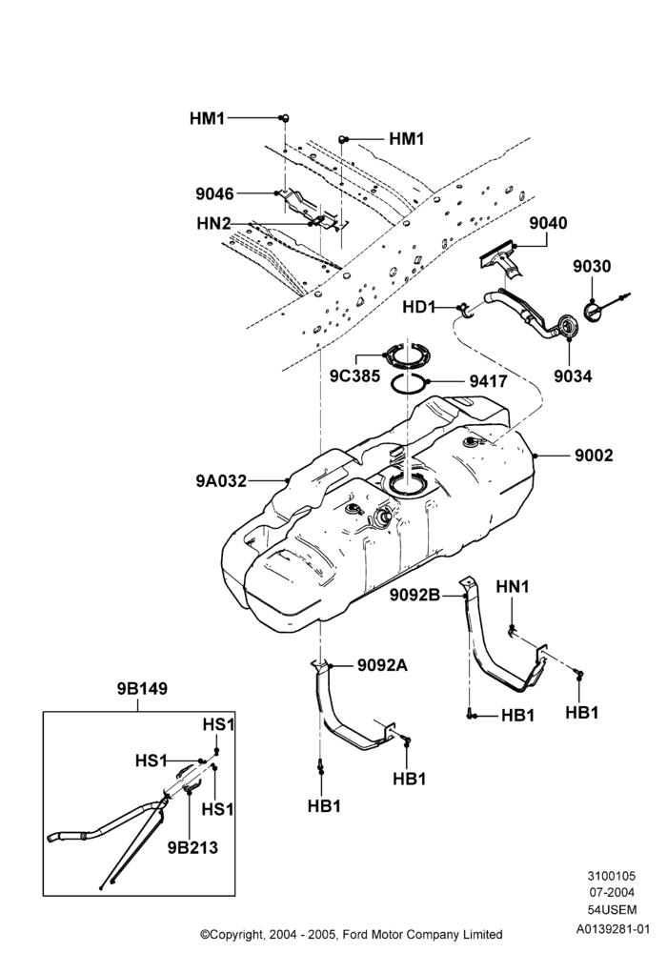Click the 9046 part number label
tap(214, 193)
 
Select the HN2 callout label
tap(213, 224)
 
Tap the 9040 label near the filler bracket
tap(548, 223)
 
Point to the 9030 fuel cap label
tap(592, 266)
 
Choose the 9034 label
tap(573, 376)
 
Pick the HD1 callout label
tap(419, 308)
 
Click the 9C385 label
tap(354, 376)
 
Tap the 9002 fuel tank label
tap(594, 456)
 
